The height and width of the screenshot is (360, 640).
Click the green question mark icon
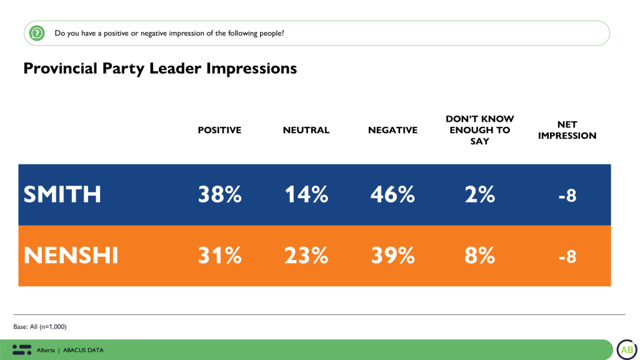37,33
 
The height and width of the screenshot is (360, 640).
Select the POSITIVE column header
219,130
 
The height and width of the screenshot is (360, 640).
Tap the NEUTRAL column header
306,130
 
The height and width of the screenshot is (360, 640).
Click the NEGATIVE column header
392,130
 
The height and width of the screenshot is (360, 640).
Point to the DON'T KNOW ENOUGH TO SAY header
479,130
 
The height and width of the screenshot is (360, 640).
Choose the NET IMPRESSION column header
567,130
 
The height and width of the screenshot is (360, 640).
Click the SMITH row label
62,195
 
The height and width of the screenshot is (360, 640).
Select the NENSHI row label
71,256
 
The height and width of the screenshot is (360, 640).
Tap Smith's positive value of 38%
219,195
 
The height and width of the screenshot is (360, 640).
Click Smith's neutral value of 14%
306,195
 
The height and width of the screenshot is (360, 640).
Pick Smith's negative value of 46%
392,195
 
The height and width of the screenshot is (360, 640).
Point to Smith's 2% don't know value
479,195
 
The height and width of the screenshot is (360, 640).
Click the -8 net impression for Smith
567,196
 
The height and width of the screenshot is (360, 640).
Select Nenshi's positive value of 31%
219,256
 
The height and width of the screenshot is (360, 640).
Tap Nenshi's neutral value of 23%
306,256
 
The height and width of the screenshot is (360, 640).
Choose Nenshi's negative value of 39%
392,256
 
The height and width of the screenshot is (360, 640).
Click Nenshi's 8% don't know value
479,256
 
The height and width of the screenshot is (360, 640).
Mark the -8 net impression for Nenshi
567,256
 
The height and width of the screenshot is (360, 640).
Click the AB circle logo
626,349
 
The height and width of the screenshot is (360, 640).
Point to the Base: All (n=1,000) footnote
40,327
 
